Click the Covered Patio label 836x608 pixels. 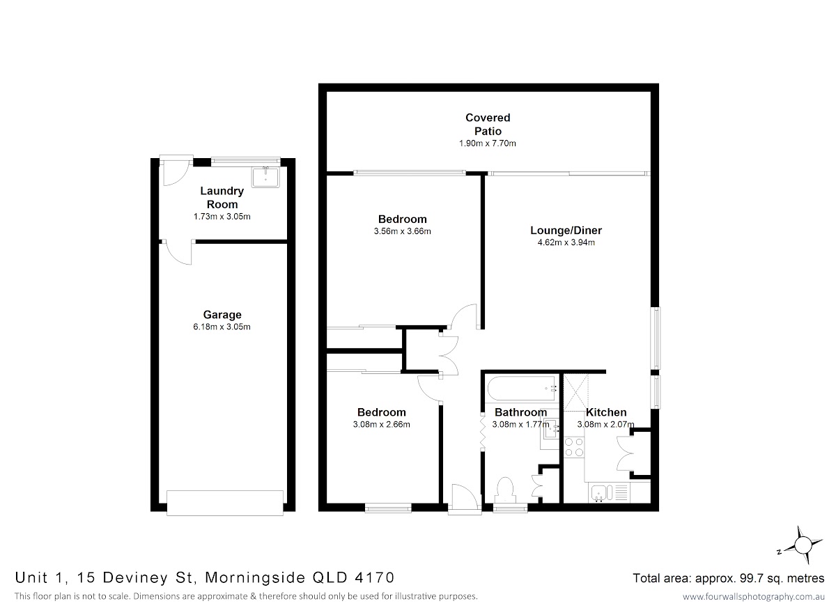point(488,124)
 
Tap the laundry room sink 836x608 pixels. point(265,177)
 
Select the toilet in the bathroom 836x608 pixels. point(506,490)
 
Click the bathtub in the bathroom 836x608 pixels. point(522,389)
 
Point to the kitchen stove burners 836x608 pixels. point(574,447)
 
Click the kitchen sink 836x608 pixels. point(601,493)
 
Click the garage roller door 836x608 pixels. point(224,503)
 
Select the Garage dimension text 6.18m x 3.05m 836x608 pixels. point(222,327)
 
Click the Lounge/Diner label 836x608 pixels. point(566,231)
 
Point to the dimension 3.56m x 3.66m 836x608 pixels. point(403,231)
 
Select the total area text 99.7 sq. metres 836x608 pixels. point(782,578)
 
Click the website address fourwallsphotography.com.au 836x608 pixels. point(754,596)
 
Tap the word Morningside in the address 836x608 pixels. point(255,578)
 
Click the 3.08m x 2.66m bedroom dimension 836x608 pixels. point(382,424)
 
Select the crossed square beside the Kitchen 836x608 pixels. point(576,392)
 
